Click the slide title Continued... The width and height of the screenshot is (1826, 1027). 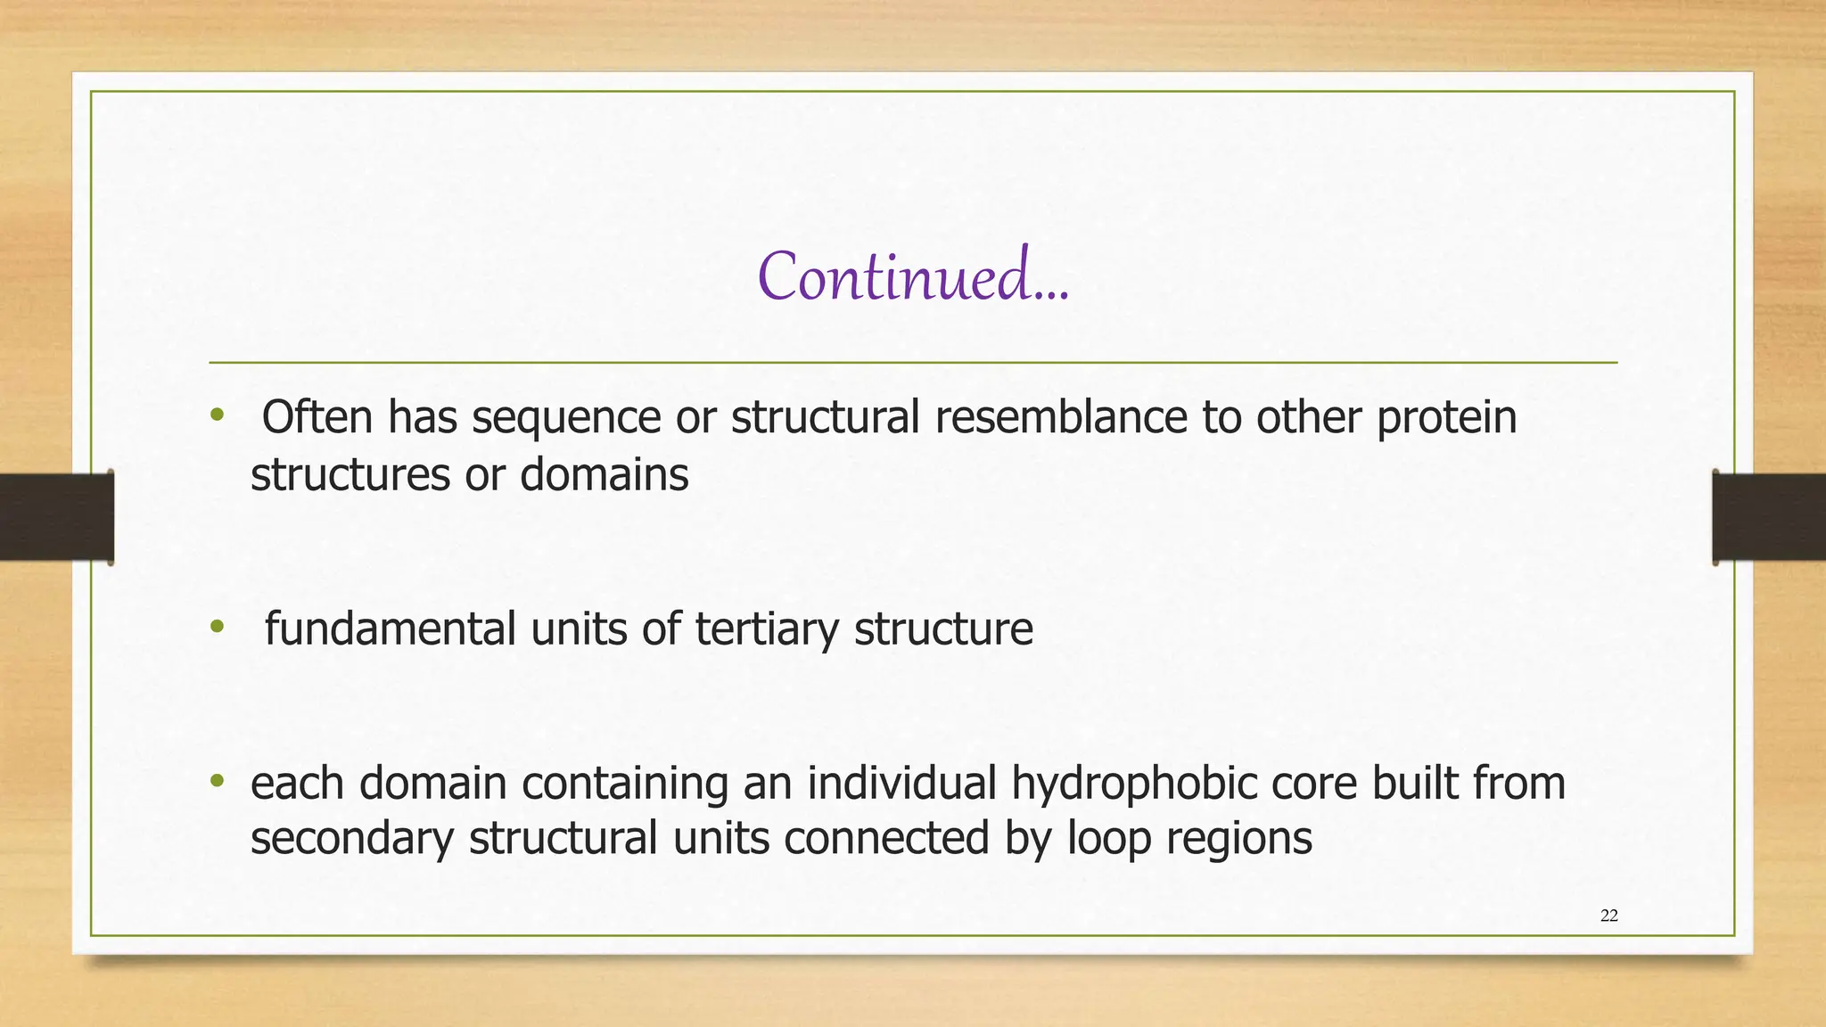(x=912, y=275)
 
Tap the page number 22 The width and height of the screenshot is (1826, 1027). (x=1608, y=916)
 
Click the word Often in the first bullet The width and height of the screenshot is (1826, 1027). (x=317, y=417)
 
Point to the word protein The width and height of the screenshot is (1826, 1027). (x=1446, y=417)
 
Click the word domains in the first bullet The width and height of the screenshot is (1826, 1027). (x=604, y=474)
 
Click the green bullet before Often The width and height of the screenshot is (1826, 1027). (x=216, y=415)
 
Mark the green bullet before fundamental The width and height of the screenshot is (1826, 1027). (x=216, y=627)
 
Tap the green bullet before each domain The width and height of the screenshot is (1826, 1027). (x=216, y=781)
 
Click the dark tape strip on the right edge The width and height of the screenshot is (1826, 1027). (x=1769, y=517)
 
